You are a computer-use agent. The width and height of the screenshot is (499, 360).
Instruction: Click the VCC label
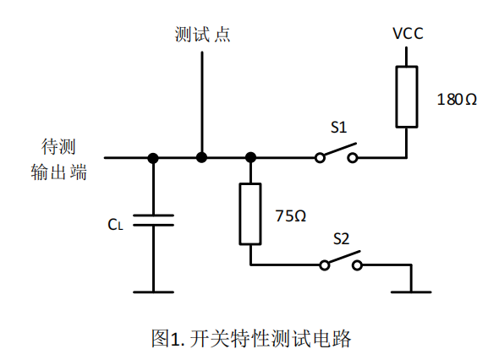(x=408, y=34)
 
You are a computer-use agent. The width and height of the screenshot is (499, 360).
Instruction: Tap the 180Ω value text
(x=457, y=100)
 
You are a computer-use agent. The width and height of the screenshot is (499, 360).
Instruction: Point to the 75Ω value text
(x=291, y=216)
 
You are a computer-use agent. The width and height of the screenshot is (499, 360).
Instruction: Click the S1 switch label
(x=338, y=128)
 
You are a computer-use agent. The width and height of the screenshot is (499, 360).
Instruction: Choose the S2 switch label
(x=341, y=238)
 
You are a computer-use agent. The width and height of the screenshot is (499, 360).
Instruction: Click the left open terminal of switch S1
(x=320, y=158)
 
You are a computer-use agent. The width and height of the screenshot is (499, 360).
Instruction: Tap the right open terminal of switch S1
(x=353, y=158)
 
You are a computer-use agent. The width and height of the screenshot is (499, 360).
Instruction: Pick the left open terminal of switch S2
(x=324, y=265)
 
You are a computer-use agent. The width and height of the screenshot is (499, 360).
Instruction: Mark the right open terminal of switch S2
(x=357, y=265)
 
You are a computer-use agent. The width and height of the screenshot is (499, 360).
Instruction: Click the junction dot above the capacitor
(x=153, y=158)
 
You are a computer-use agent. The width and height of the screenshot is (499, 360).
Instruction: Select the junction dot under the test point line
(x=202, y=157)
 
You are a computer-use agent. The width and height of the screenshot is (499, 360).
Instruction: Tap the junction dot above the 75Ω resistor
(x=251, y=157)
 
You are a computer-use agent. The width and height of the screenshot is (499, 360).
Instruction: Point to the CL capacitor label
(x=115, y=225)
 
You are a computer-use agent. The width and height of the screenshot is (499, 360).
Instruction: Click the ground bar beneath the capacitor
(x=153, y=292)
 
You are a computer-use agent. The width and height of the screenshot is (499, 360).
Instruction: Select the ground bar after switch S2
(x=411, y=292)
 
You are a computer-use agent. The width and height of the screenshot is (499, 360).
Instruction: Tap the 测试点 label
(x=202, y=34)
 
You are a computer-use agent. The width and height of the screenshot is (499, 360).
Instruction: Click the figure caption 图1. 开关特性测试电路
(x=251, y=338)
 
